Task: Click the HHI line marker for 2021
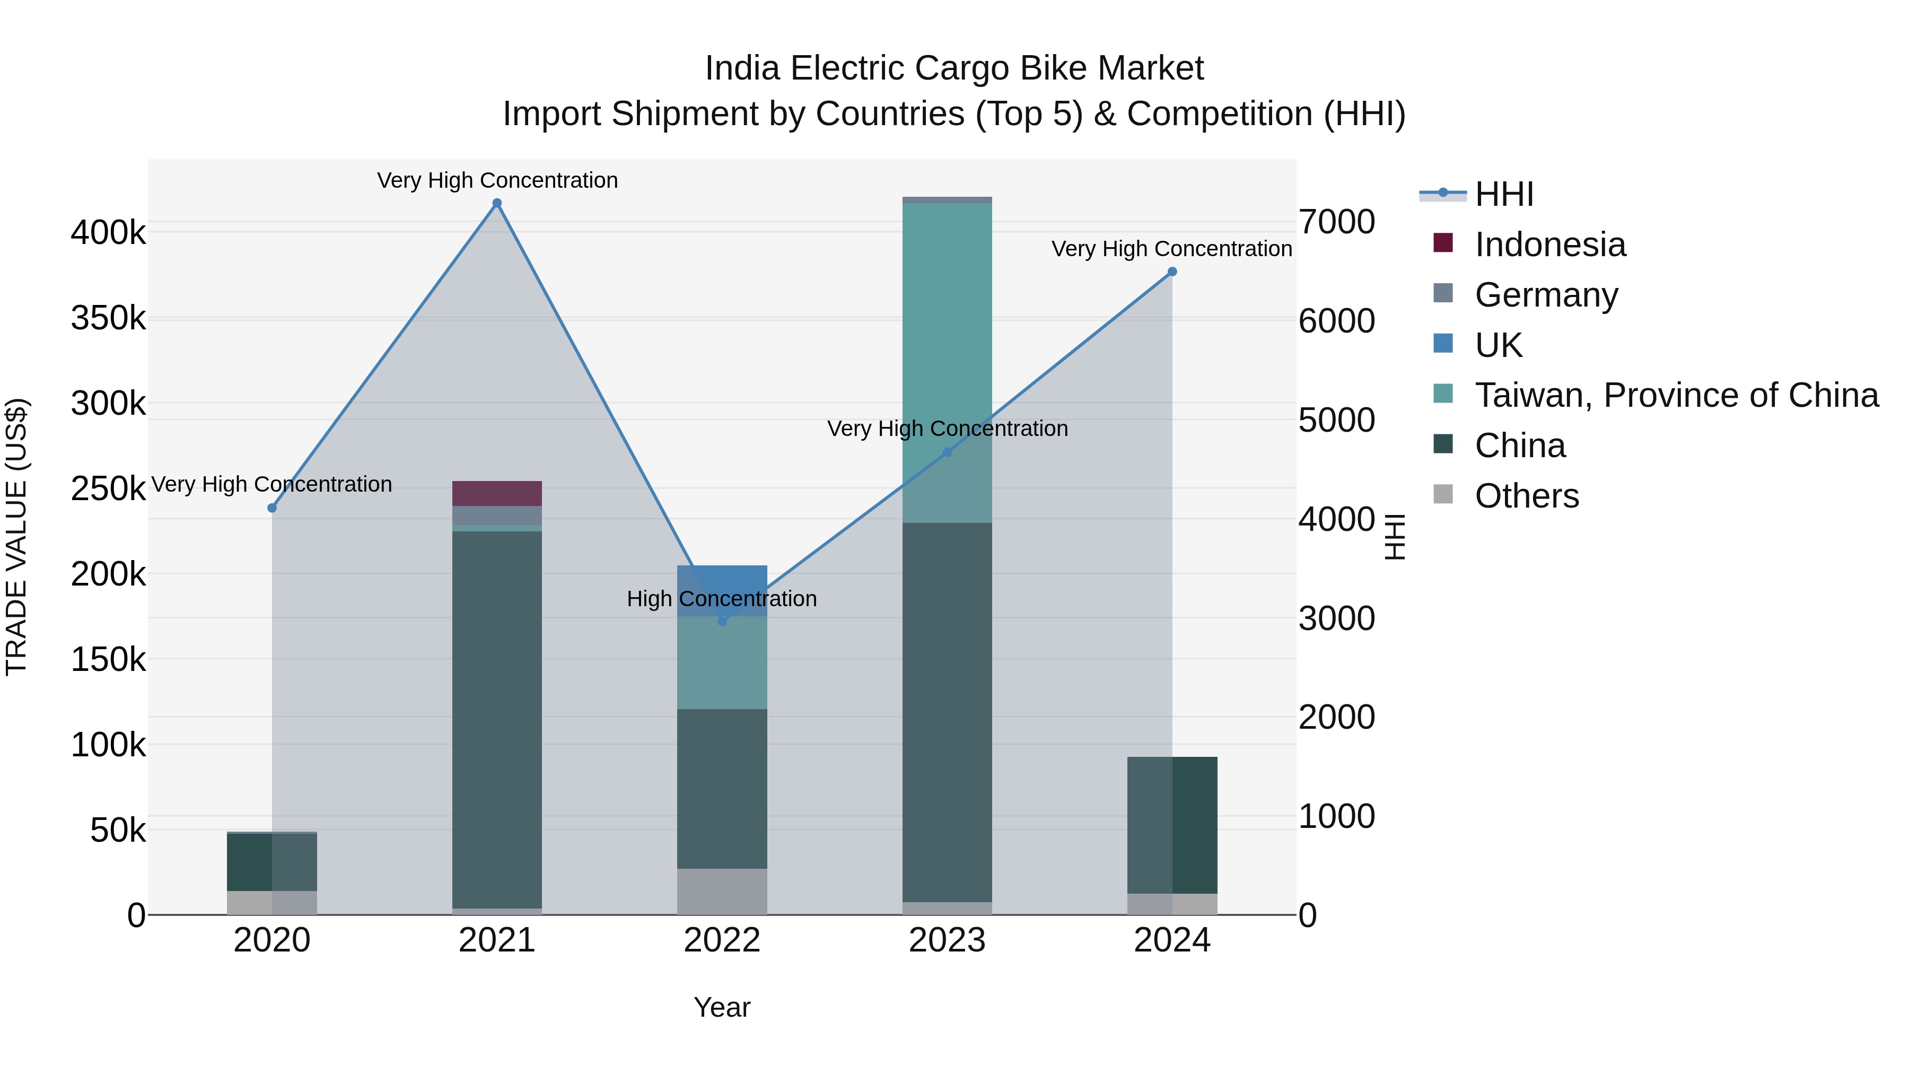497,203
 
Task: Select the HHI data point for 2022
723,621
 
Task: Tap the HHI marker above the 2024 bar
1172,272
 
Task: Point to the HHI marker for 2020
272,508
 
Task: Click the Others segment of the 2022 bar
723,892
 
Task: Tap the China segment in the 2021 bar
497,719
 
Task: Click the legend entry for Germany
1546,295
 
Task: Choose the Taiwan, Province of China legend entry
1676,395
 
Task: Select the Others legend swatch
1443,494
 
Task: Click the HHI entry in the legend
1504,194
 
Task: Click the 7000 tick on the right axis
1337,222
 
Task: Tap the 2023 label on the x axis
947,940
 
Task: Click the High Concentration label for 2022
722,598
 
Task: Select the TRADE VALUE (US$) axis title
16,537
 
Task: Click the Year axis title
722,1007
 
